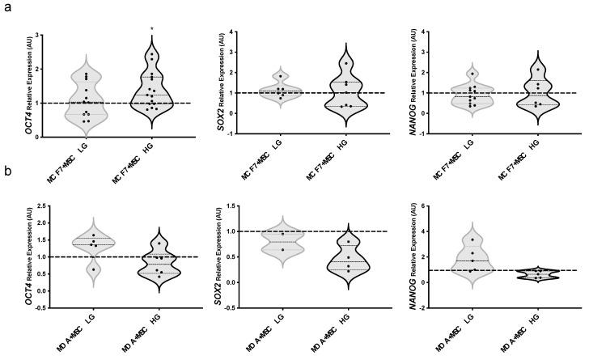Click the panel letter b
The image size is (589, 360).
point(6,173)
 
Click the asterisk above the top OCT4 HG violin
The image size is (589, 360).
point(152,30)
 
